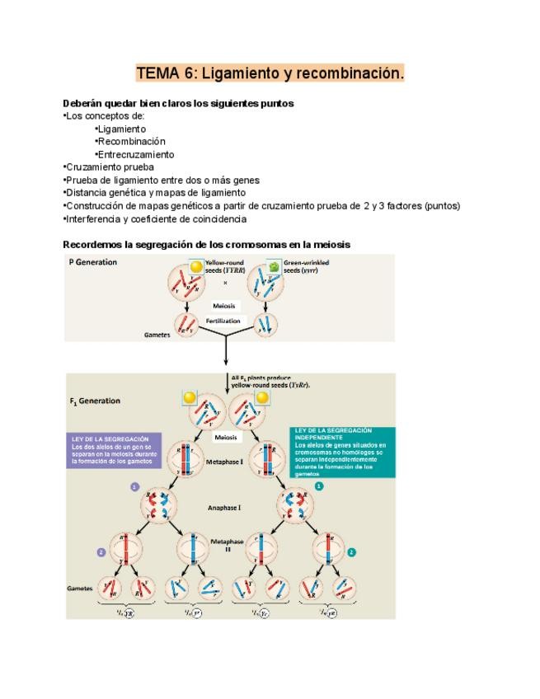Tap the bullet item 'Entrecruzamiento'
[135, 154]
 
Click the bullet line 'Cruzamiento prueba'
[108, 167]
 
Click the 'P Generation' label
[92, 262]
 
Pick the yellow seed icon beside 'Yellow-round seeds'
[195, 267]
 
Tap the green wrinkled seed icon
[273, 267]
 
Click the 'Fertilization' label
[223, 321]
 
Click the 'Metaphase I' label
[225, 462]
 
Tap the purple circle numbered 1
[134, 487]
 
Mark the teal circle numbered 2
[351, 551]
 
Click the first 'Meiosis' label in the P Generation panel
[224, 305]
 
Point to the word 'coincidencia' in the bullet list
[215, 218]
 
